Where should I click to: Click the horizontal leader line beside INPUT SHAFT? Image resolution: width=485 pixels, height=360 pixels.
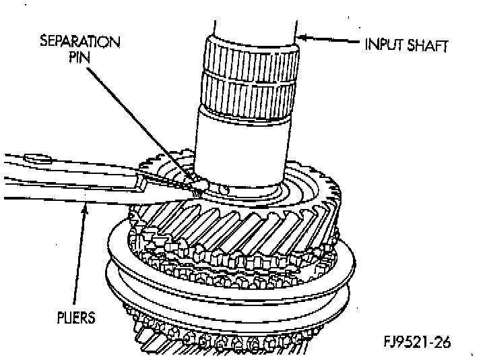pyautogui.click(x=333, y=42)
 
